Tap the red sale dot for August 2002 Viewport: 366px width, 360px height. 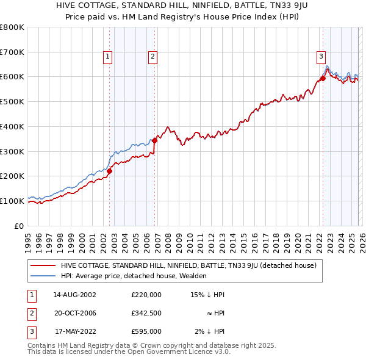110,171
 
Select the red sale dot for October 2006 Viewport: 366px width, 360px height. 155,140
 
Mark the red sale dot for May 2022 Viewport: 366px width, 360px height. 323,77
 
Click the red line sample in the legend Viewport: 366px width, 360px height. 43,265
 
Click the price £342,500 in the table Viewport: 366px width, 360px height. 146,313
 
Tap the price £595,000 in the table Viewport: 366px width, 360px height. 146,331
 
